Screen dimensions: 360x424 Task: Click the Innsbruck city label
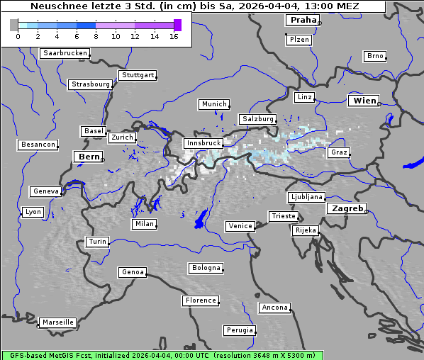[203, 143]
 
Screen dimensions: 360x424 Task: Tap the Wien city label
[364, 101]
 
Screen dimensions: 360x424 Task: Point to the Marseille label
[58, 322]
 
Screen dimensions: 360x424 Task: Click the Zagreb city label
[347, 208]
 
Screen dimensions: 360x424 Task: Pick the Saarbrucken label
[65, 53]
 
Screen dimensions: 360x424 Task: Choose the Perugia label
[239, 330]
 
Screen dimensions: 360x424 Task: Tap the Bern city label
[89, 157]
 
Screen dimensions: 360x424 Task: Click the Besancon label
[38, 145]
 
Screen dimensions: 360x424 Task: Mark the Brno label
[375, 56]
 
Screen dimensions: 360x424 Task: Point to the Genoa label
[133, 272]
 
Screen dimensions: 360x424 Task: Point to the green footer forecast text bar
[162, 355]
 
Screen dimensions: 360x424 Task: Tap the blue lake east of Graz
[413, 164]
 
